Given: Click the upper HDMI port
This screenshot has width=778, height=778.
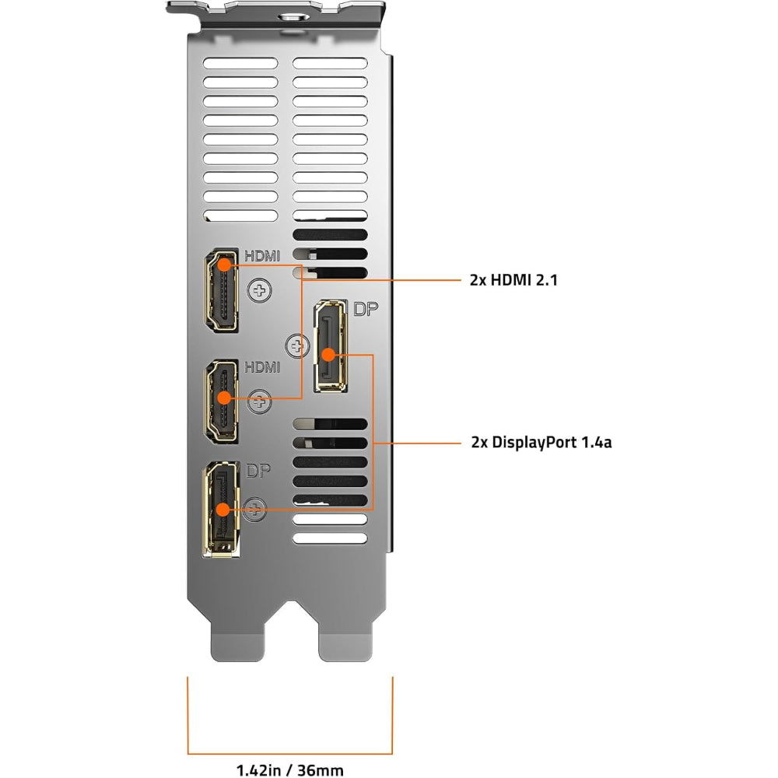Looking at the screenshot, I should pyautogui.click(x=221, y=292).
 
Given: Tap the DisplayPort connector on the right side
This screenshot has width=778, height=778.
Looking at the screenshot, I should pyautogui.click(x=330, y=346).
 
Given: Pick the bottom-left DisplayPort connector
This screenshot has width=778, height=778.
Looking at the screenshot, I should pyautogui.click(x=222, y=509).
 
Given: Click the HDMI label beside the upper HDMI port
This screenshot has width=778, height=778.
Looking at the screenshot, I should pyautogui.click(x=261, y=255).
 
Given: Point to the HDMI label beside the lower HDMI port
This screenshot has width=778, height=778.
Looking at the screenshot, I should pyautogui.click(x=261, y=366).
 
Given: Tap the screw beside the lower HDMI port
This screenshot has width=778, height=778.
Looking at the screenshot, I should pyautogui.click(x=260, y=403).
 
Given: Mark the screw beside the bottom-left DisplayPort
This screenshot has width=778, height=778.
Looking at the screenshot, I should pyautogui.click(x=254, y=510).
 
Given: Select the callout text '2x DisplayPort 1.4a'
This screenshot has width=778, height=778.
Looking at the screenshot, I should pyautogui.click(x=541, y=443).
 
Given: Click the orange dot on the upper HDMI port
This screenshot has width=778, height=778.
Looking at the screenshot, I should pyautogui.click(x=223, y=264).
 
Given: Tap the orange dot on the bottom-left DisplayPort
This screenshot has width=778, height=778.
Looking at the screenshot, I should pyautogui.click(x=223, y=510).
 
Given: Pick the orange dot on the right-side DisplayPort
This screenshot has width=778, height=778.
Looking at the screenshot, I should pyautogui.click(x=328, y=355).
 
